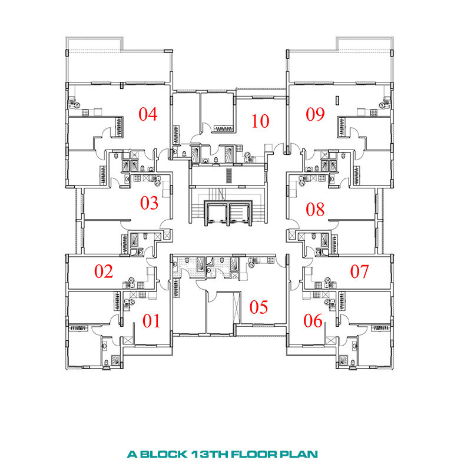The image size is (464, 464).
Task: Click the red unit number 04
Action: pyautogui.click(x=148, y=114)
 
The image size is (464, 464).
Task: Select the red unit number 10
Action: pyautogui.click(x=260, y=121)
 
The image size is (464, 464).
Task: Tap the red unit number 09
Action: pyautogui.click(x=315, y=114)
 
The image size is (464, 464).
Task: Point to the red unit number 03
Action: pyautogui.click(x=149, y=203)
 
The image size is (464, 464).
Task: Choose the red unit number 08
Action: pyautogui.click(x=315, y=209)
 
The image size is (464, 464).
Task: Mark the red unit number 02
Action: pyautogui.click(x=104, y=271)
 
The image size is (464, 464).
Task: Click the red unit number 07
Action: pyautogui.click(x=360, y=271)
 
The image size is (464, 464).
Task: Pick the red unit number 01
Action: pyautogui.click(x=151, y=321)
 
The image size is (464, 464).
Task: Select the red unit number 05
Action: pyautogui.click(x=258, y=307)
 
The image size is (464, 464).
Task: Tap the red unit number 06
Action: pyautogui.click(x=313, y=321)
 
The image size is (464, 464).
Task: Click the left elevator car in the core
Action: pyautogui.click(x=216, y=213)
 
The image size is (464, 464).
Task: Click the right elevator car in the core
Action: pyautogui.click(x=240, y=213)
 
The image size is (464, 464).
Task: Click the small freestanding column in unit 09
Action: pyautogui.click(x=337, y=100)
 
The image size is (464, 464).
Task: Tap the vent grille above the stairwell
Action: pyautogui.click(x=229, y=175)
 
